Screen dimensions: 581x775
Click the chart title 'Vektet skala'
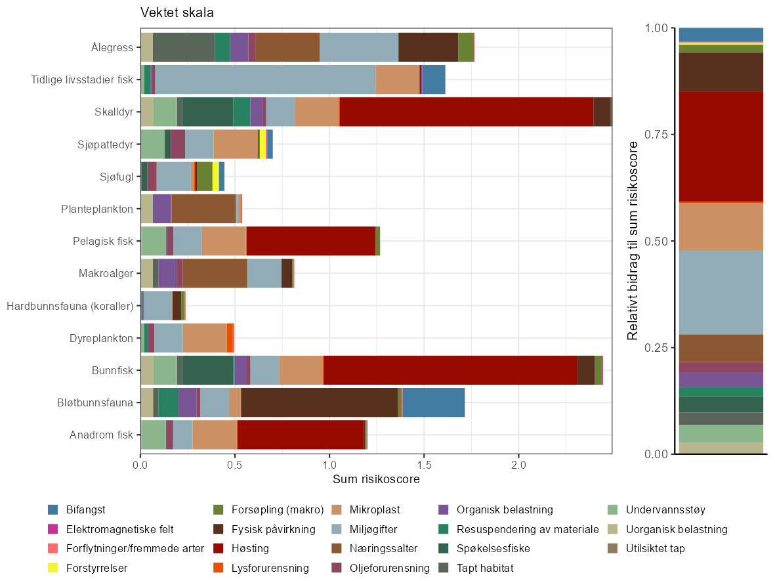click(177, 12)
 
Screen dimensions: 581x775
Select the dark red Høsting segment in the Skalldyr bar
click(466, 111)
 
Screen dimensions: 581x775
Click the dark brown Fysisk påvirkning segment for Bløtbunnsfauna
click(319, 402)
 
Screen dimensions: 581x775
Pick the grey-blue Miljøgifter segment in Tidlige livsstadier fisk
click(265, 79)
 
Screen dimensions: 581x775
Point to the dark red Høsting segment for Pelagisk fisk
click(310, 240)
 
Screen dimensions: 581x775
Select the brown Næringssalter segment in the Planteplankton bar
click(203, 208)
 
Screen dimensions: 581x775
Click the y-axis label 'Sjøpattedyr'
click(108, 144)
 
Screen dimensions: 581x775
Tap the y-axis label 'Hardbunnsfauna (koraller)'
click(70, 306)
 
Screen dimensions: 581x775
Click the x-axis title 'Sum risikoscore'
click(376, 479)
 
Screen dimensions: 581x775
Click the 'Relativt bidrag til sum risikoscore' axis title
click(633, 240)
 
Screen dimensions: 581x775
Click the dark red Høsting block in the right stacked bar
click(721, 146)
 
